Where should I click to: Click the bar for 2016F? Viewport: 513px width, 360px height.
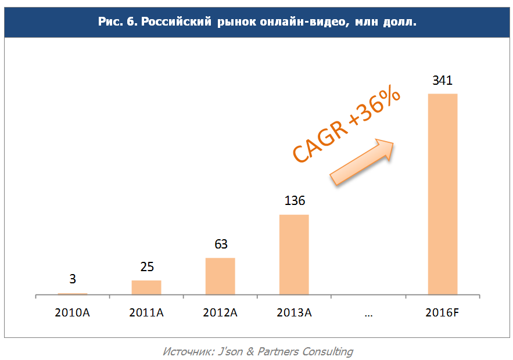click(442, 194)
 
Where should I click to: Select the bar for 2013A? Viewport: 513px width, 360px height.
click(294, 255)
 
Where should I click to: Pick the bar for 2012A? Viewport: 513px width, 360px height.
click(220, 276)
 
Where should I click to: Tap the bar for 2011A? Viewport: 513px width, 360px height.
click(146, 287)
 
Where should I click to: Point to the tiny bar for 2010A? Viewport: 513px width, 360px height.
click(73, 294)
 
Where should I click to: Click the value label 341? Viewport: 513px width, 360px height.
click(442, 81)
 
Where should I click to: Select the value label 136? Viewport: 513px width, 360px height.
click(295, 201)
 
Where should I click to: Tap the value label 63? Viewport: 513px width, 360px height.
click(221, 244)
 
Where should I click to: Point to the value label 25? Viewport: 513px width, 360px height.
click(146, 267)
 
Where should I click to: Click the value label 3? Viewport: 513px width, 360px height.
click(73, 279)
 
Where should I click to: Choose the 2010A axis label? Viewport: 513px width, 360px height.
click(73, 313)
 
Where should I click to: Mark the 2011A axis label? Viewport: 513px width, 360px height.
click(146, 313)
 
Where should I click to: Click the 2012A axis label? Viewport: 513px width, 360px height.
click(220, 313)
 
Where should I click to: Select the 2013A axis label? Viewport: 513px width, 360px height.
click(294, 313)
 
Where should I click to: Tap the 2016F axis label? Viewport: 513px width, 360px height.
click(442, 313)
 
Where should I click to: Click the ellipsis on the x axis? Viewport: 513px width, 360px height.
click(368, 313)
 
